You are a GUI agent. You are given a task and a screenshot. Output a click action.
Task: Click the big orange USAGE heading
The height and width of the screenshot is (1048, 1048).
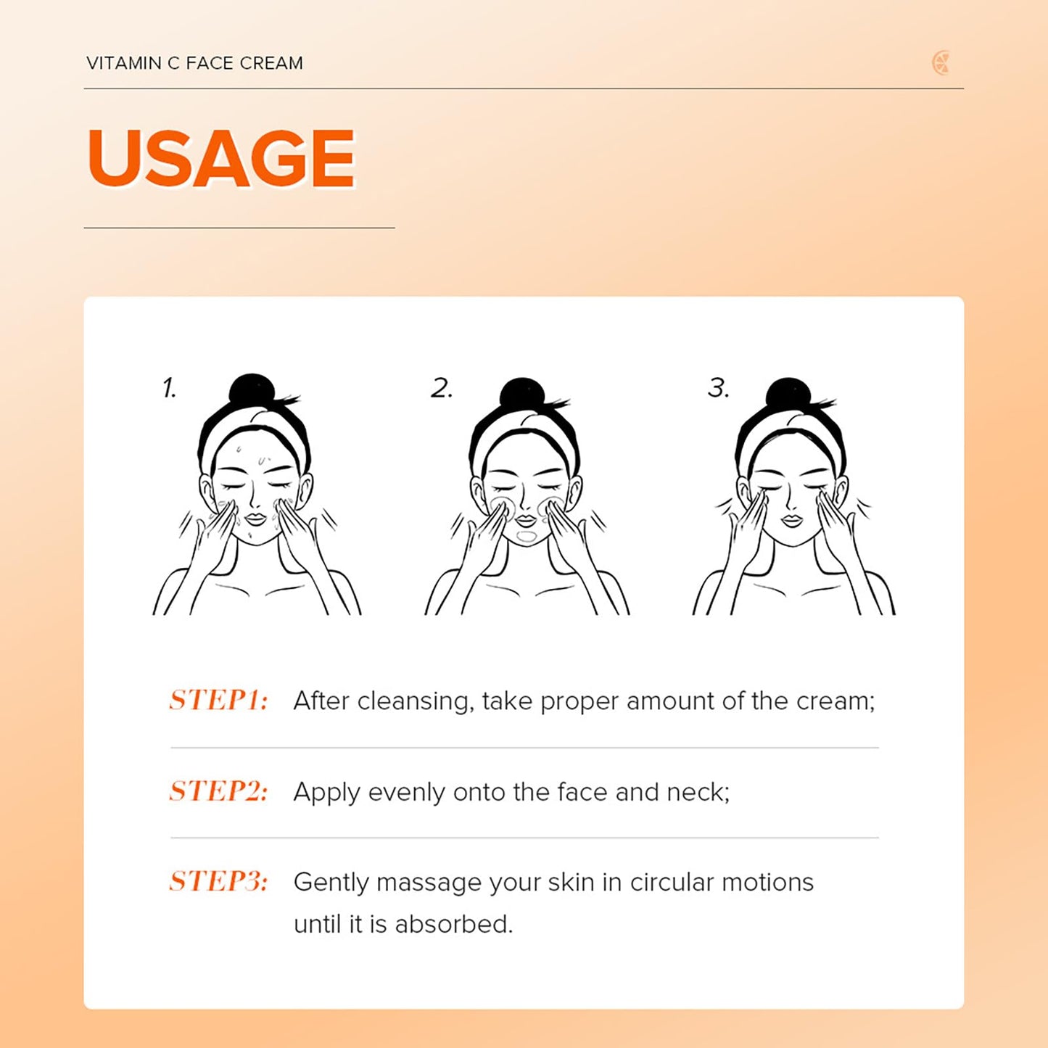220,158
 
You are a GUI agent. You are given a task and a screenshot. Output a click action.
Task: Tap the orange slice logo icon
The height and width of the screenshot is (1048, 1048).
941,62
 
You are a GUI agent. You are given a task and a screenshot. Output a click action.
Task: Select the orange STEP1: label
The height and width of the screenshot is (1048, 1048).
218,700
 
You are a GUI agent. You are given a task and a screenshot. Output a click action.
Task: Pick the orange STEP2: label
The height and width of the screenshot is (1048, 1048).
218,791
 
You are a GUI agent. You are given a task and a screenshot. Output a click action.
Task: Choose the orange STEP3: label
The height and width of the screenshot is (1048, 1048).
218,881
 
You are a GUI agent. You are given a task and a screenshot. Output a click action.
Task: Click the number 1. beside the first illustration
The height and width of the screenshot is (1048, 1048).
169,388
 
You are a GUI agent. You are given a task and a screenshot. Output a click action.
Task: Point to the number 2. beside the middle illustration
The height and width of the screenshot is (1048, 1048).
441,388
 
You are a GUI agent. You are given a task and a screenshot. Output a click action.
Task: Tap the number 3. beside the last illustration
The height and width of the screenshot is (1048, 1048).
718,388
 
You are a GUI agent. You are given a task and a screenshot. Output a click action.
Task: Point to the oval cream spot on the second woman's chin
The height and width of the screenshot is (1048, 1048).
527,537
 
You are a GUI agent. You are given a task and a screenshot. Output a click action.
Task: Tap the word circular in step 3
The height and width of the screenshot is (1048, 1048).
671,882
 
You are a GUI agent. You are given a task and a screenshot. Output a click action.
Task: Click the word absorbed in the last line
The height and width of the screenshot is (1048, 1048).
453,924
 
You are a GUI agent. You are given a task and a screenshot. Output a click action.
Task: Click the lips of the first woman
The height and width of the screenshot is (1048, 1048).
254,519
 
